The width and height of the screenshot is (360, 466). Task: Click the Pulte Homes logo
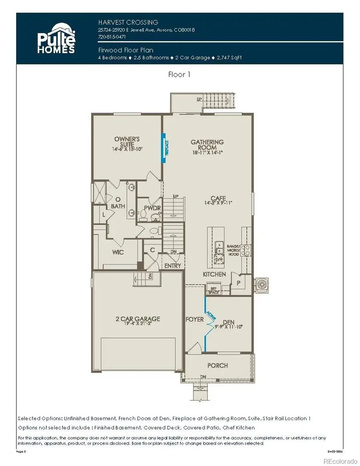point(56,39)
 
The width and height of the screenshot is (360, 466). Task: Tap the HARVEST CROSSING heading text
point(128,22)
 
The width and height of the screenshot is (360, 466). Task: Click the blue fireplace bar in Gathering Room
point(164,148)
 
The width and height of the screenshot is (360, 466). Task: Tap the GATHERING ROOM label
point(207,144)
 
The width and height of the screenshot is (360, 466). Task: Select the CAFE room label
point(219,198)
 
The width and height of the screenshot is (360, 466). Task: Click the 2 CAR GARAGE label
point(138,319)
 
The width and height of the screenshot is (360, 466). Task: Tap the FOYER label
point(195,319)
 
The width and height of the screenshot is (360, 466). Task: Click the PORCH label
point(218,365)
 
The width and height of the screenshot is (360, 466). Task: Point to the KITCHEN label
point(214,274)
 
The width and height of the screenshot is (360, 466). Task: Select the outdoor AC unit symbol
point(262,284)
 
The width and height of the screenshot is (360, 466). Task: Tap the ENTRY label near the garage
point(172,266)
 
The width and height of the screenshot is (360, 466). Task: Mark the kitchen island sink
point(218,244)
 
